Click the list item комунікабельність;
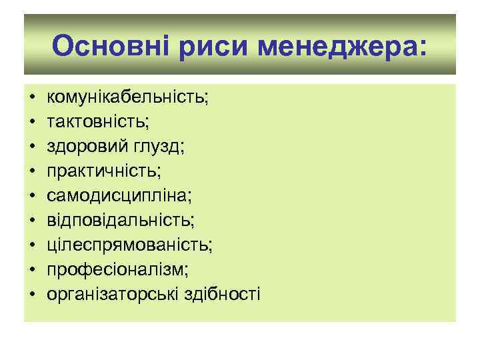pyautogui.click(x=127, y=99)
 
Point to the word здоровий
pyautogui.click(x=81, y=147)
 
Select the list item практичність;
pyautogui.click(x=104, y=171)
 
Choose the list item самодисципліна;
pyautogui.click(x=119, y=196)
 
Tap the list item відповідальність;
pyautogui.click(x=121, y=220)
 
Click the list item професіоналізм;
pyautogui.click(x=117, y=269)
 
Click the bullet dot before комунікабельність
pyautogui.click(x=31, y=99)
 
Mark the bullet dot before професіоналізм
pyautogui.click(x=31, y=269)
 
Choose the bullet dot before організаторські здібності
pyautogui.click(x=31, y=294)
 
